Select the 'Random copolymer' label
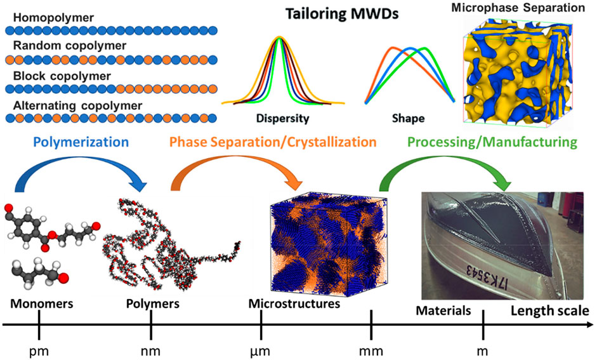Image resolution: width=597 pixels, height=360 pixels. pyautogui.click(x=70, y=46)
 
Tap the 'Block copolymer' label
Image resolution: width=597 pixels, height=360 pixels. pyautogui.click(x=62, y=76)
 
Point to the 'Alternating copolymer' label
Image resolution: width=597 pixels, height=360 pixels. pyautogui.click(x=77, y=106)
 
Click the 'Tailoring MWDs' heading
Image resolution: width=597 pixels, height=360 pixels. pyautogui.click(x=342, y=14)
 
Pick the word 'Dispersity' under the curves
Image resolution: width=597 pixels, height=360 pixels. pyautogui.click(x=282, y=119)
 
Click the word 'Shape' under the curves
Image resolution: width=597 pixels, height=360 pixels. pyautogui.click(x=408, y=119)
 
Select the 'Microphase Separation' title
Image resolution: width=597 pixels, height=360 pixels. pyautogui.click(x=518, y=8)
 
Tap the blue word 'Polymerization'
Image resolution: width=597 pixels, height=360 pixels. pyautogui.click(x=81, y=142)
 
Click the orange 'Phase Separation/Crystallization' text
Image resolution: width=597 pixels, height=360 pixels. pyautogui.click(x=273, y=142)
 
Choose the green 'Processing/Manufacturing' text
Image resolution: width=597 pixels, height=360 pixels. pyautogui.click(x=492, y=142)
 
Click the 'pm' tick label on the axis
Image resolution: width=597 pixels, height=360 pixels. pyautogui.click(x=39, y=351)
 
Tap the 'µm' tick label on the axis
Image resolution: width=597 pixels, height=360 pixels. pyautogui.click(x=260, y=351)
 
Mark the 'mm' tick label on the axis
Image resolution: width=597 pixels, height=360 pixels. pyautogui.click(x=371, y=351)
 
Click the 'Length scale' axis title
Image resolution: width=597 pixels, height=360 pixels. pyautogui.click(x=550, y=311)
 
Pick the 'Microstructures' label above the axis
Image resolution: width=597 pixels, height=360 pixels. pyautogui.click(x=294, y=303)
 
